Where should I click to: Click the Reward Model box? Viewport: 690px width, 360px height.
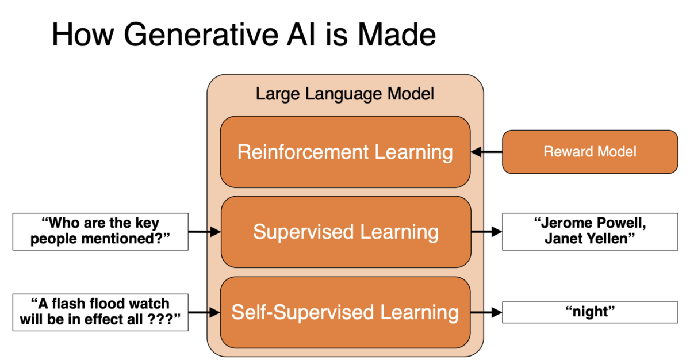(590, 152)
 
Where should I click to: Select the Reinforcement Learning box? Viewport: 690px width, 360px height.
(345, 152)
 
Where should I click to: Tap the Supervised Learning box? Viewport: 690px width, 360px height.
(345, 232)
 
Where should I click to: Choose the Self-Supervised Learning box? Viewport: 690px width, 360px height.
(345, 312)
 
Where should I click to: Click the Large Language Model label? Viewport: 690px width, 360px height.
(345, 94)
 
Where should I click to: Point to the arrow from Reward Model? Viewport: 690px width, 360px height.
(486, 152)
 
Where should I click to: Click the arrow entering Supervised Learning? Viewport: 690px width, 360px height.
(205, 232)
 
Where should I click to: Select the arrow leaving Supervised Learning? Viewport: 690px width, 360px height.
(486, 232)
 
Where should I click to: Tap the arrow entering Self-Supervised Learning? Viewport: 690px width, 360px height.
(205, 312)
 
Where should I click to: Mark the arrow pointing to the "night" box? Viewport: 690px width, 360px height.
(486, 312)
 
